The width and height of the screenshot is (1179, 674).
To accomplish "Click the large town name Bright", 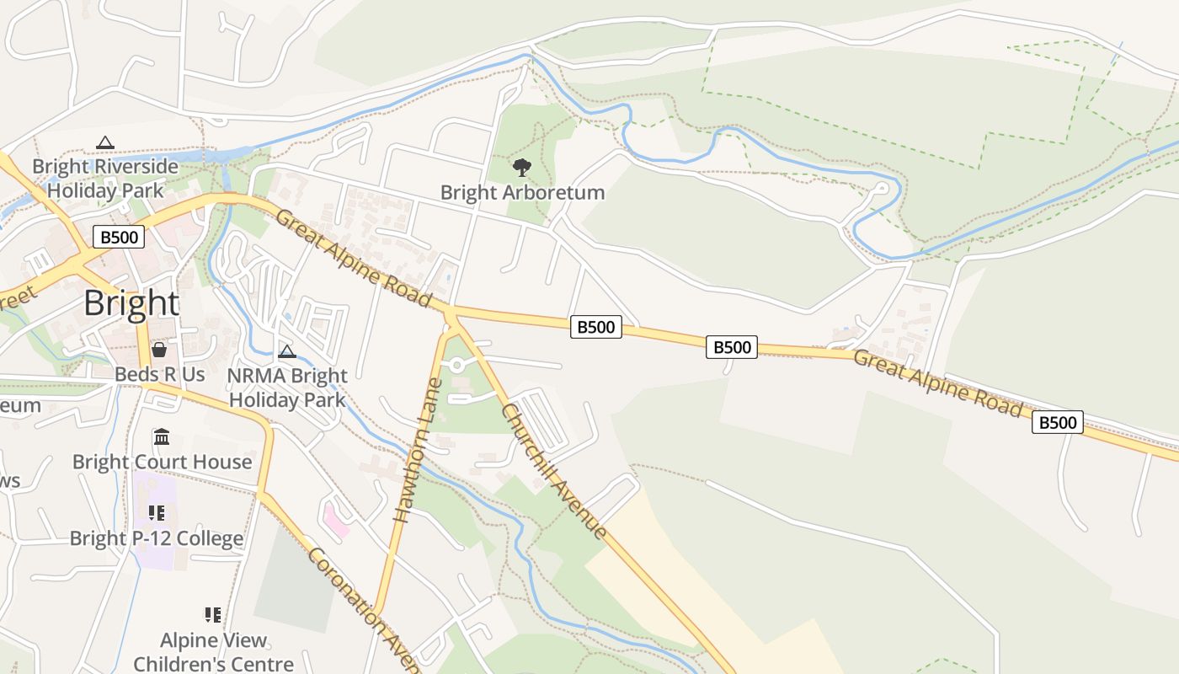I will tap(131, 303).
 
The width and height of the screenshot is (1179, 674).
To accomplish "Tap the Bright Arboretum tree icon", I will tap(522, 167).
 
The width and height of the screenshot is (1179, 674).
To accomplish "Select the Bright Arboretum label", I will tap(522, 192).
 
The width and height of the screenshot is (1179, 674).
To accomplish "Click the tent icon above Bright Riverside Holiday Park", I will tap(104, 142).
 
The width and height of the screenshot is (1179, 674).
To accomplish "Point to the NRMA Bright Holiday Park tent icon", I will tap(287, 351).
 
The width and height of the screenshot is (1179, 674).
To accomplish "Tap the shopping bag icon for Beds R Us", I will tap(159, 350).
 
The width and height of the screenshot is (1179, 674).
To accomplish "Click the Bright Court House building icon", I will tap(162, 436).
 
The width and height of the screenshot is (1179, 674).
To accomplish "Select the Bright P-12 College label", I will tap(157, 538).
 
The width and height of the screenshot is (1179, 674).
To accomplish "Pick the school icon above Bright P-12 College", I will tap(156, 512).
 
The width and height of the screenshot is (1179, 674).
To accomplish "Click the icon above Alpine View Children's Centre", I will tap(213, 615).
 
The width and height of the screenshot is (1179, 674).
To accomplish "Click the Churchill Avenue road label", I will tap(554, 471).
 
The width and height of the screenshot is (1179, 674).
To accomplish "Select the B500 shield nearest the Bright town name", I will tap(119, 237).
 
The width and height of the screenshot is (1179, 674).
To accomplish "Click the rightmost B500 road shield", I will tap(1057, 422).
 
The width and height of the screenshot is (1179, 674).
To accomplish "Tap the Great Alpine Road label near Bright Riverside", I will tap(354, 259).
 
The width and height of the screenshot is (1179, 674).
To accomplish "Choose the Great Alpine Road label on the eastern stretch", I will tap(937, 383).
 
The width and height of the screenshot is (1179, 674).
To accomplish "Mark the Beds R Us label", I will tap(160, 374).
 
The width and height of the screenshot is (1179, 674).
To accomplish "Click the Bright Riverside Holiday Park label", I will tap(105, 178).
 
